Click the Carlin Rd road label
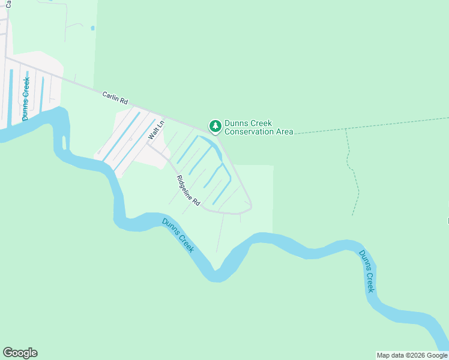pyautogui.click(x=115, y=98)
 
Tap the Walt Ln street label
pyautogui.click(x=156, y=130)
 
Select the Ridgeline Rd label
pyautogui.click(x=188, y=191)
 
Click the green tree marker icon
pyautogui.click(x=215, y=126)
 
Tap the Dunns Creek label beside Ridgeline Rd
pyautogui.click(x=178, y=235)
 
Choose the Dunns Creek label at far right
pyautogui.click(x=367, y=271)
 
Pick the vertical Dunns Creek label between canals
pyautogui.click(x=26, y=98)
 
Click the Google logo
pyautogui.click(x=20, y=353)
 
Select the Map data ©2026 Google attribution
pyautogui.click(x=412, y=355)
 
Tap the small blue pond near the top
pyautogui.click(x=92, y=28)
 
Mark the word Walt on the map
pyautogui.click(x=154, y=133)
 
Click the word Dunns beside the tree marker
pyautogui.click(x=235, y=124)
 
